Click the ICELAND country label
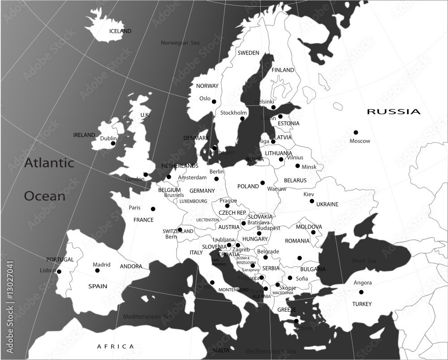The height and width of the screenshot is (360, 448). [121, 31]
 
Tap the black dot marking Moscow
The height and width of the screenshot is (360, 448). [356, 132]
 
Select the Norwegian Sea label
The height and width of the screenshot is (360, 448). [180, 43]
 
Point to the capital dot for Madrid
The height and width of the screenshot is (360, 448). [97, 270]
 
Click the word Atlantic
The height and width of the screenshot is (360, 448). [49, 163]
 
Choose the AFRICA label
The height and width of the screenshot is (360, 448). [116, 347]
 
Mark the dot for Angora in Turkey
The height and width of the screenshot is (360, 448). [361, 292]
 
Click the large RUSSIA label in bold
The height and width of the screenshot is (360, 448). [394, 112]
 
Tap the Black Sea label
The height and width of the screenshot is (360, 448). [364, 261]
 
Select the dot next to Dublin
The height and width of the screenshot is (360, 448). [113, 143]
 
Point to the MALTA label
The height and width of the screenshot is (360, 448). [221, 350]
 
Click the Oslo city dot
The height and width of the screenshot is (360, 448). [214, 101]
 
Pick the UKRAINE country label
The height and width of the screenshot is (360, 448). [327, 204]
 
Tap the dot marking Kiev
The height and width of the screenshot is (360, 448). [312, 201]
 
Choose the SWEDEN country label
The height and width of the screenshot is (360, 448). [248, 53]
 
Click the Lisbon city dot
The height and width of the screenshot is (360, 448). [59, 271]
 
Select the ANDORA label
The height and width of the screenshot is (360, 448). [131, 266]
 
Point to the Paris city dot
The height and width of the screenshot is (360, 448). [153, 208]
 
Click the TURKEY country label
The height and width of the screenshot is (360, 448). [362, 304]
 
